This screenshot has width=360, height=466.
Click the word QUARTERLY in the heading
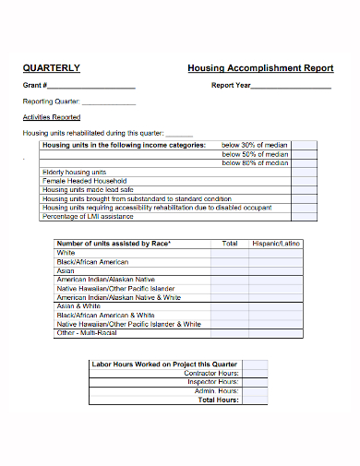pyautogui.click(x=51, y=67)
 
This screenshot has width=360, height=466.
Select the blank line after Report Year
pyautogui.click(x=291, y=87)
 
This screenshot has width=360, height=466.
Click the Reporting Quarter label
pyautogui.click(x=51, y=102)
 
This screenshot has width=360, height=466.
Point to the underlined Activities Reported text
pyautogui.click(x=51, y=117)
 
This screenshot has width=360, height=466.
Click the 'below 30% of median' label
pyautogui.click(x=255, y=145)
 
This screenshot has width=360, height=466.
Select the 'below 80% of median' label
pyautogui.click(x=255, y=163)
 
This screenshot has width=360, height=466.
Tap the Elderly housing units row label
pyautogui.click(x=75, y=173)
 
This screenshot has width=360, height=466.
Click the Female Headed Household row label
pyautogui.click(x=84, y=181)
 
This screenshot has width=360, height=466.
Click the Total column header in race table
pyautogui.click(x=229, y=244)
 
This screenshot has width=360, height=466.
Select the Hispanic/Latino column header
pyautogui.click(x=276, y=244)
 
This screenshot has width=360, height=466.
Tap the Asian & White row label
pyautogui.click(x=79, y=306)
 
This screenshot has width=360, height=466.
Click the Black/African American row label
pyautogui.click(x=93, y=262)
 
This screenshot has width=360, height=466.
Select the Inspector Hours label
pyautogui.click(x=214, y=382)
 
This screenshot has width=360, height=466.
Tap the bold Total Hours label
pyautogui.click(x=219, y=400)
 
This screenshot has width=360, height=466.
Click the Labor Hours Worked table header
pyautogui.click(x=164, y=364)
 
